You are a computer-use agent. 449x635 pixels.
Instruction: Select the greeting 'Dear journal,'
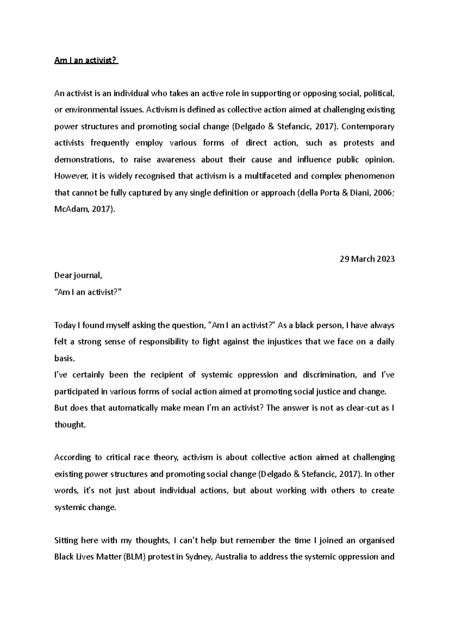pos(78,276)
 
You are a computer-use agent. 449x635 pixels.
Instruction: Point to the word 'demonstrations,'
pos(84,160)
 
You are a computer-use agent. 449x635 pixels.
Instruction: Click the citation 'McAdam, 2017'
pos(83,209)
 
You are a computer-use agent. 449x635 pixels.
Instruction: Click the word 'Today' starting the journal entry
pos(65,325)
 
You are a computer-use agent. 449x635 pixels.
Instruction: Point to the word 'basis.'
pos(65,358)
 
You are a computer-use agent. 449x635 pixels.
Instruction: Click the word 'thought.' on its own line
pos(70,424)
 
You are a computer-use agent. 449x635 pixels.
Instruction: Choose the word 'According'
pos(72,457)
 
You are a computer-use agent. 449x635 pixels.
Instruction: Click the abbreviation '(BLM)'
pos(134,557)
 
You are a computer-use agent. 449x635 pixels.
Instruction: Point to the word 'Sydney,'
pos(198,557)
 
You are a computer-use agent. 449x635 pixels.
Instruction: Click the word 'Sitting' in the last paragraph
pos(66,540)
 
